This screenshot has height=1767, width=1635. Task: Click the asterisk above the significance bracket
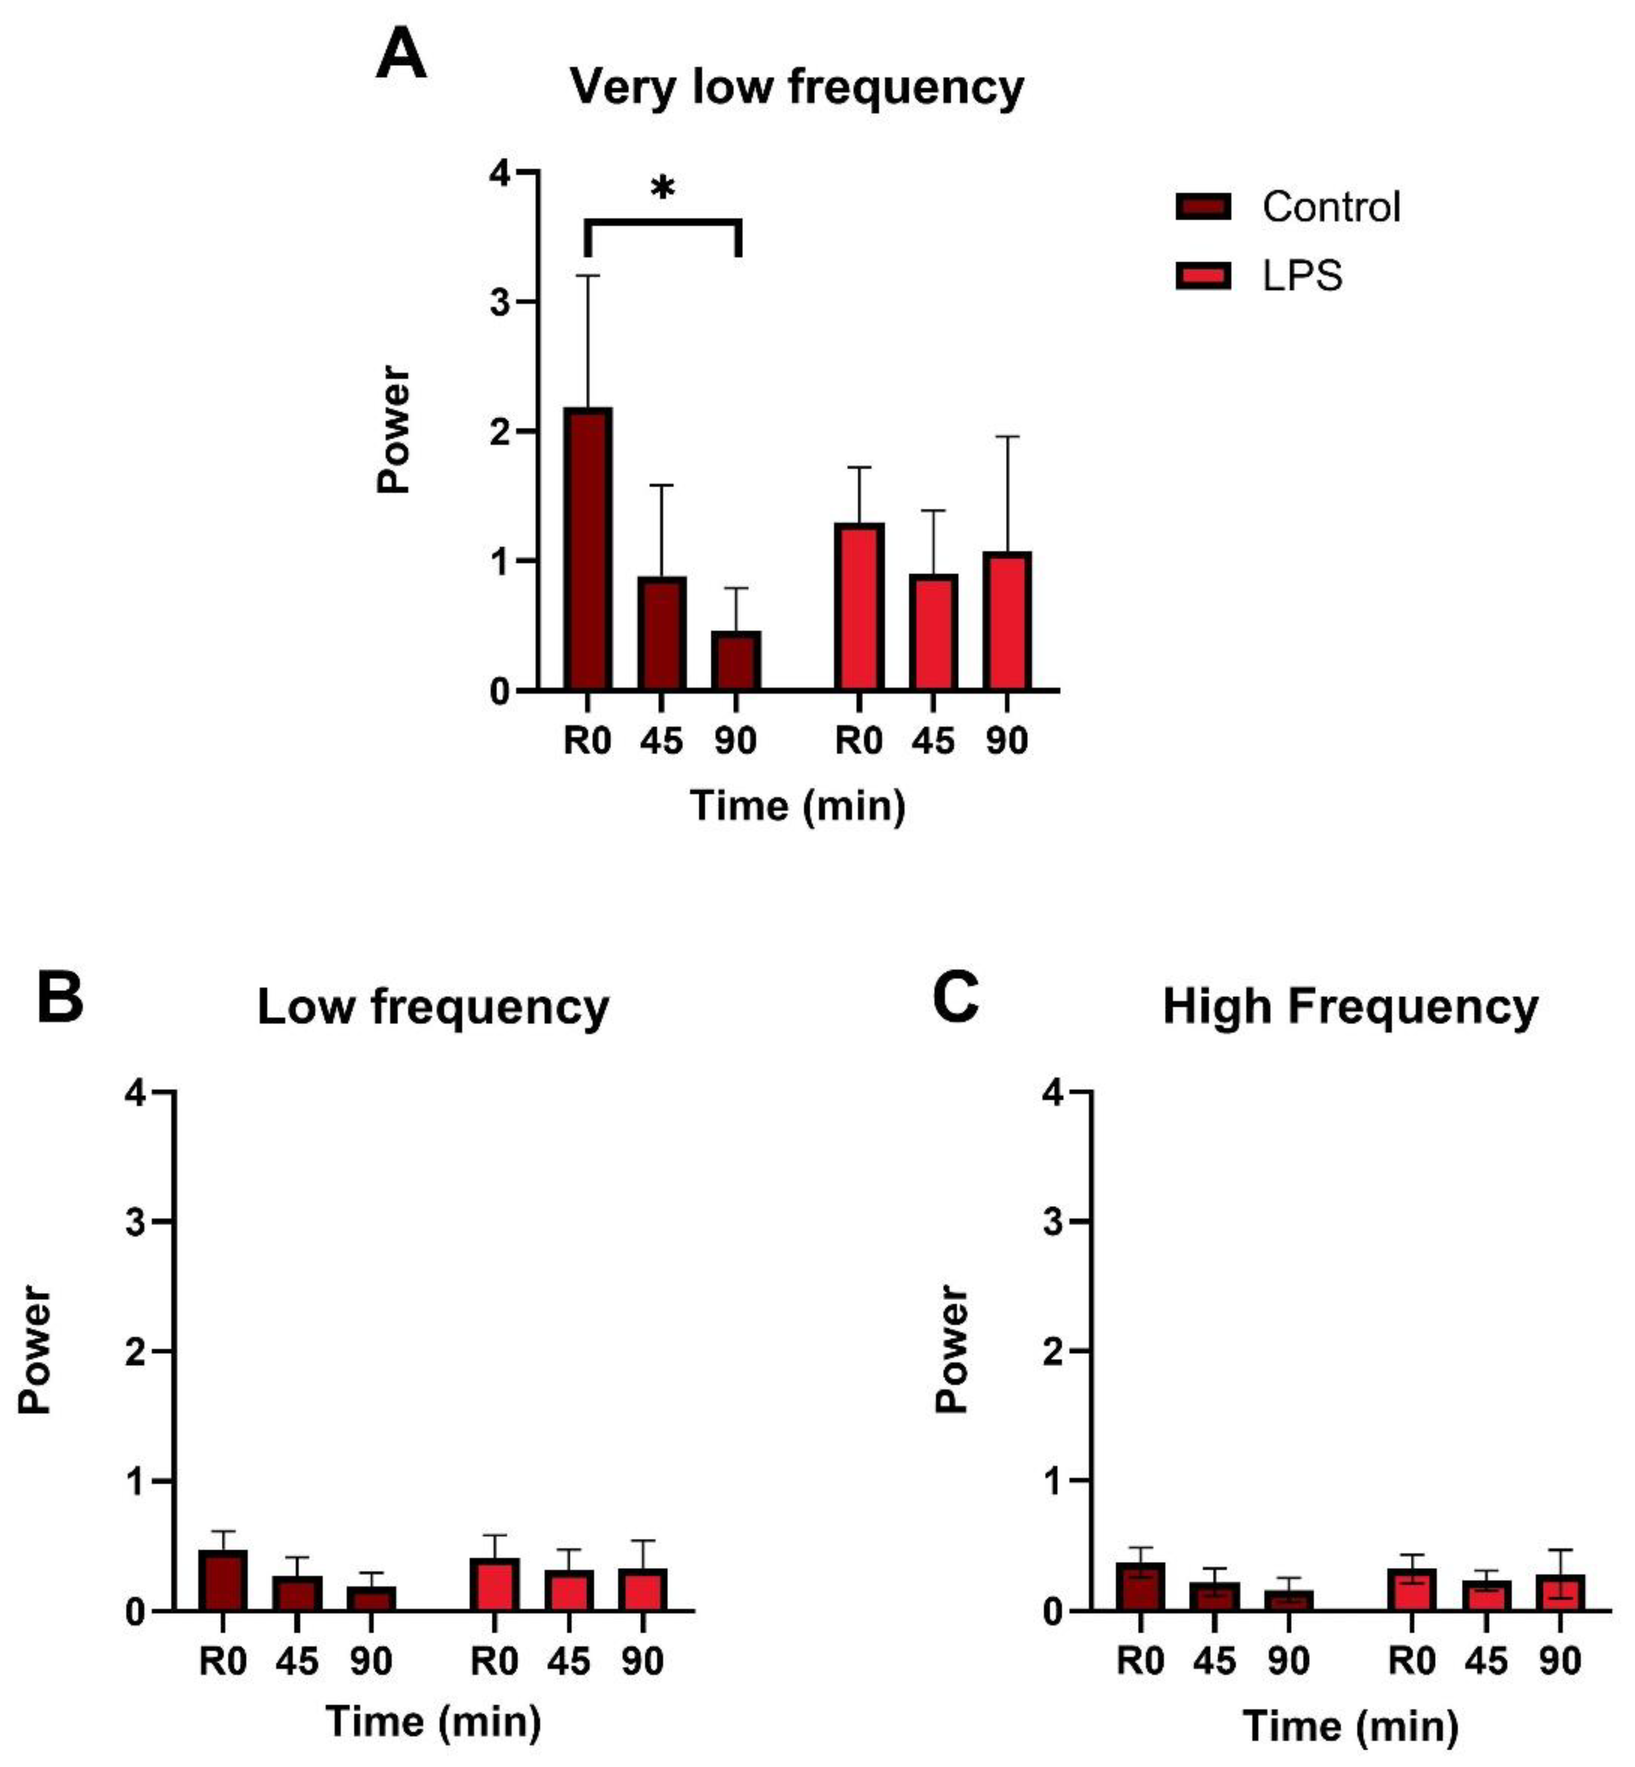pos(663,189)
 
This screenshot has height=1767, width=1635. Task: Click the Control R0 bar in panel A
pos(587,549)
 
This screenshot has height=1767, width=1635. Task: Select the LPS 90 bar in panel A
pos(1008,621)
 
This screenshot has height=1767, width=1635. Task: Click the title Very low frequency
pos(796,87)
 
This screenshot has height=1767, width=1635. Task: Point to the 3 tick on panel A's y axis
pos(502,302)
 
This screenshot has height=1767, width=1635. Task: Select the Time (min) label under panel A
pos(797,806)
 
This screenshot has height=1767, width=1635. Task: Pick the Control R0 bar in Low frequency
pos(222,1581)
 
